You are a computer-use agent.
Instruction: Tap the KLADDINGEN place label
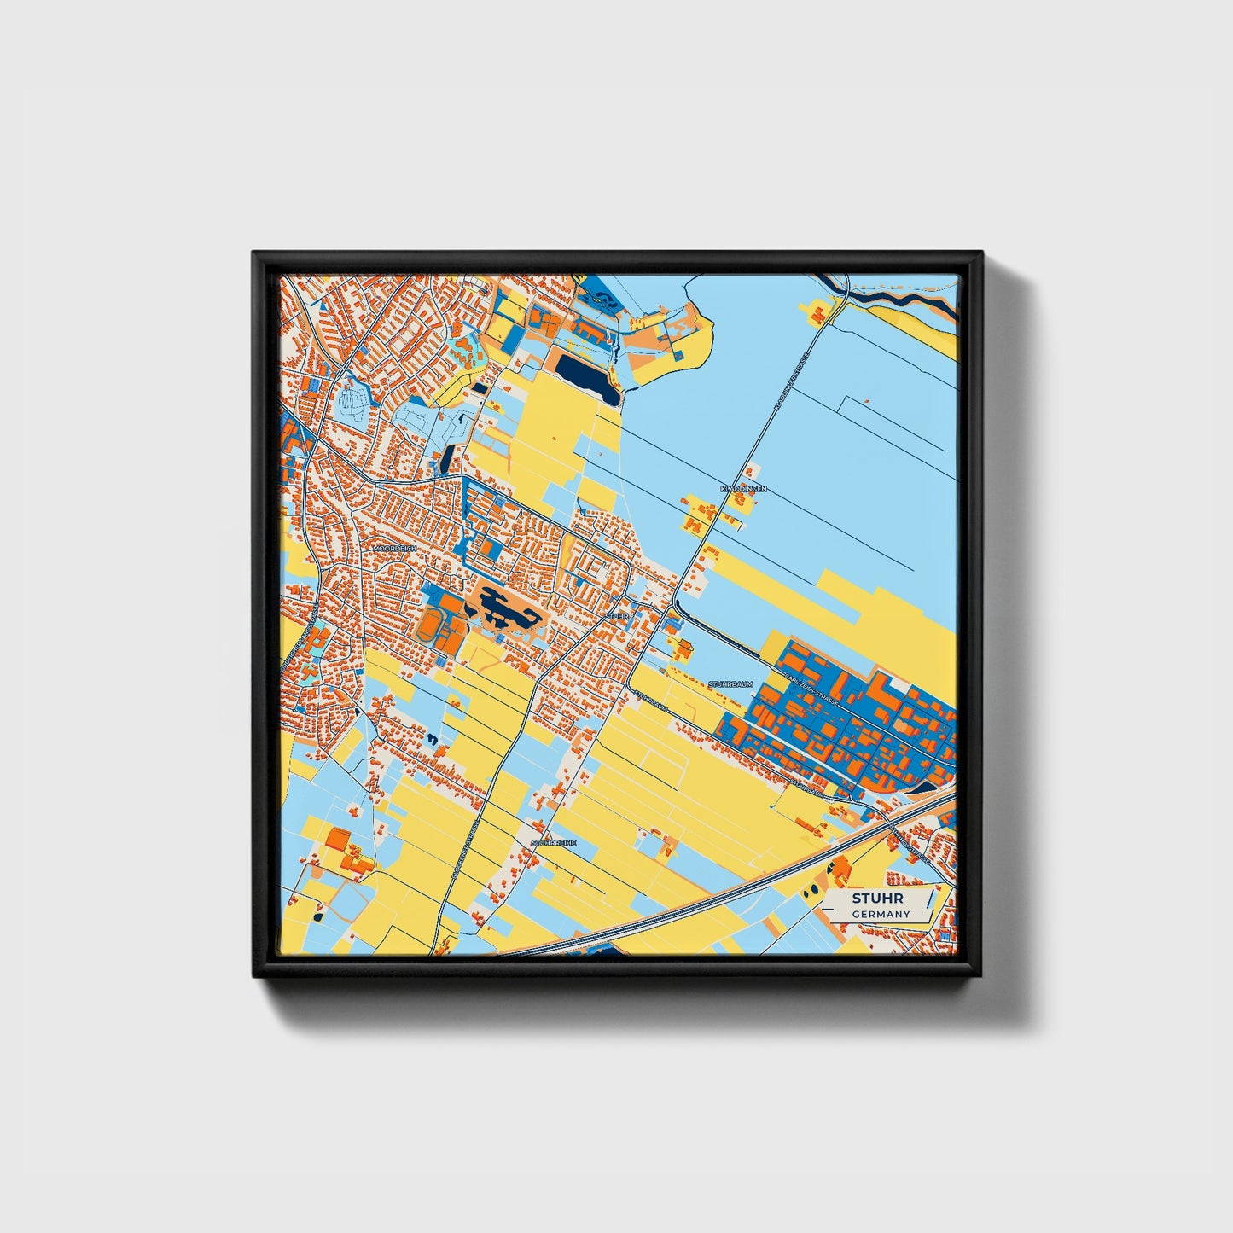pos(743,489)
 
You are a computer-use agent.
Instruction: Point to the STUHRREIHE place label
pos(554,842)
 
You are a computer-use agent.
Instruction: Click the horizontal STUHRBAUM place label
pos(730,684)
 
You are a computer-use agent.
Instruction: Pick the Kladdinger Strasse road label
pos(790,384)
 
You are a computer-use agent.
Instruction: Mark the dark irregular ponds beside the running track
pos(503,606)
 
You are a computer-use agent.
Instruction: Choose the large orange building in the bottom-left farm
pos(337,840)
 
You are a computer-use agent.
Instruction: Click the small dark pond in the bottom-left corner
pos(318,916)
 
